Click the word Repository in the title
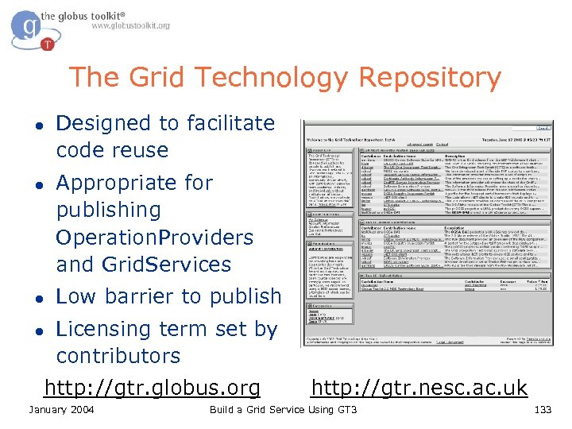coord(430,79)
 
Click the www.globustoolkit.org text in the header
coord(130,25)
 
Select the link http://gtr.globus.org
coord(153,388)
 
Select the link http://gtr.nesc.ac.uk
coord(419,388)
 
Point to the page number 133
coord(543,410)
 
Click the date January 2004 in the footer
coord(61,410)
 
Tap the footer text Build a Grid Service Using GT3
coord(283,410)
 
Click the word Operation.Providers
coord(154,238)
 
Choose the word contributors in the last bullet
coord(118,356)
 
